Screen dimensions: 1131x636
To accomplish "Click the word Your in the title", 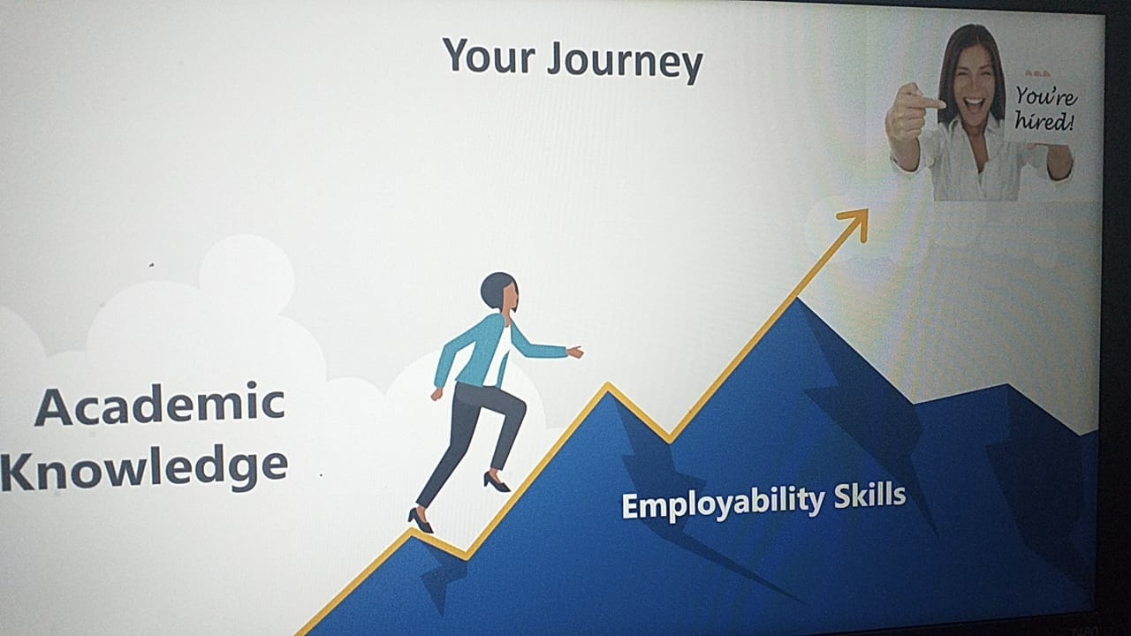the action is pyautogui.click(x=489, y=56).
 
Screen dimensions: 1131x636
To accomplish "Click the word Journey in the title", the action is pyautogui.click(x=626, y=62).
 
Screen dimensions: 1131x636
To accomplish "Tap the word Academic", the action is pyautogui.click(x=160, y=405).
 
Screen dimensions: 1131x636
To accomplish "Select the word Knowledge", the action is pyautogui.click(x=145, y=467).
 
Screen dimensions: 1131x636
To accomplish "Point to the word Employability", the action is pyautogui.click(x=723, y=503).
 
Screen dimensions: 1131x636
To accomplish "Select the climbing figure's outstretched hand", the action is pyautogui.click(x=575, y=352).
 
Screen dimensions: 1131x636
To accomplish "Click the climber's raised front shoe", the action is pyautogui.click(x=496, y=481).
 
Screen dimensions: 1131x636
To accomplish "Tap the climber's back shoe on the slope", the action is pyautogui.click(x=420, y=520).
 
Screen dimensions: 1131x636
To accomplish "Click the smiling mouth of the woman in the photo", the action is pyautogui.click(x=975, y=104).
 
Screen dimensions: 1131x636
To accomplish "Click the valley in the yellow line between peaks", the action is pyautogui.click(x=670, y=439).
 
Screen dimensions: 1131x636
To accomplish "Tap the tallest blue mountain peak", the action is pyautogui.click(x=798, y=301).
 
